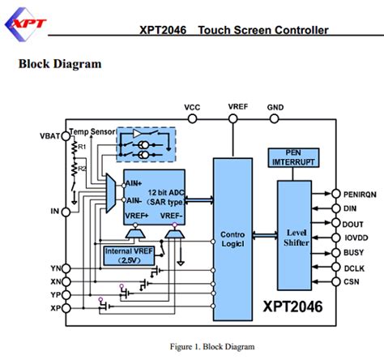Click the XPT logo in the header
point(32,25)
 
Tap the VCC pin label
point(192,107)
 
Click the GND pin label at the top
point(275,107)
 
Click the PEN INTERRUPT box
point(292,157)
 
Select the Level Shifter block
point(299,235)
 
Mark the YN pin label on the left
point(55,268)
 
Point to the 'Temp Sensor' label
point(92,131)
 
